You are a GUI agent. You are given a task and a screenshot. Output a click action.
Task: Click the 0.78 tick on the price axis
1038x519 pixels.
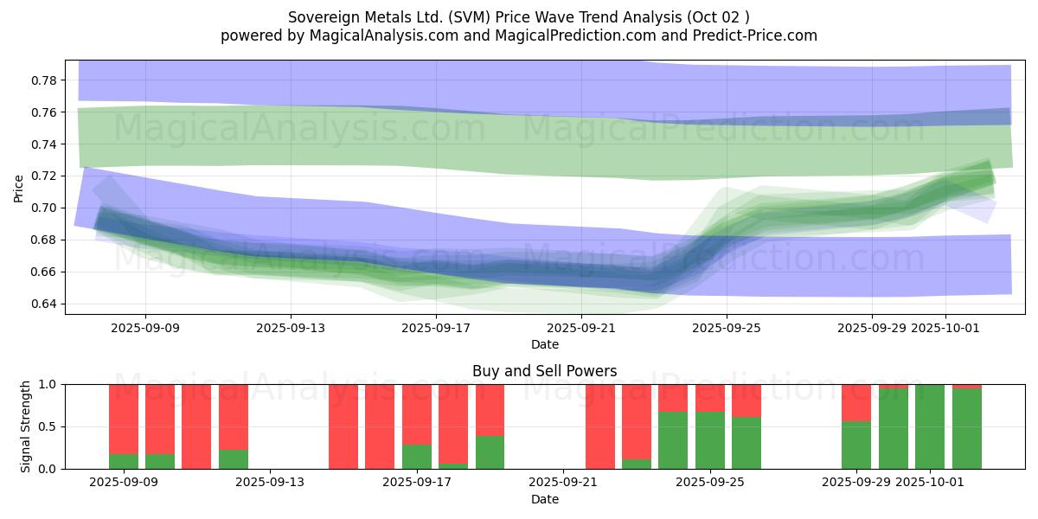(x=43, y=80)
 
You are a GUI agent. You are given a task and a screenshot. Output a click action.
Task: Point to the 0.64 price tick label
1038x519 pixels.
(x=43, y=304)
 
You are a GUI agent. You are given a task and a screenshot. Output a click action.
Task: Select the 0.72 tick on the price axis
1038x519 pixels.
(x=43, y=176)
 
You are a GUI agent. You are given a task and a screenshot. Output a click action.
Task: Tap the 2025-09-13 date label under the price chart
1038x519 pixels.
(x=291, y=328)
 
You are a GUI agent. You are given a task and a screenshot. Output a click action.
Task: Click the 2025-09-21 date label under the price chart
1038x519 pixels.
(x=581, y=328)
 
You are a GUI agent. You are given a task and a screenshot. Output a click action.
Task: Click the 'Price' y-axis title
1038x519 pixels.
(x=19, y=187)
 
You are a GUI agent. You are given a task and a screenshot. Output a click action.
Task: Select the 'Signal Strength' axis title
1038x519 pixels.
(x=26, y=426)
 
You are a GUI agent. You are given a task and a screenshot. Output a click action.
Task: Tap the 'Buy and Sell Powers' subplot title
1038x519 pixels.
(x=544, y=371)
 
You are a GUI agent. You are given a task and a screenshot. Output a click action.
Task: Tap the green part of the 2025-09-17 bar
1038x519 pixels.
(x=417, y=457)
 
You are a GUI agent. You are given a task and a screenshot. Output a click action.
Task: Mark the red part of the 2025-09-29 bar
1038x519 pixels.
(x=856, y=402)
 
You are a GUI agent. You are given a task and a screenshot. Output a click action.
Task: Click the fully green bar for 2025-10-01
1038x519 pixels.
(x=930, y=426)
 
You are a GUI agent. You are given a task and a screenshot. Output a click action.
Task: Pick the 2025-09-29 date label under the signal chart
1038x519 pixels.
(x=856, y=482)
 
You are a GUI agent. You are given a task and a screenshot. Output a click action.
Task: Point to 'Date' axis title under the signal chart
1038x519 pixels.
(x=544, y=499)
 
